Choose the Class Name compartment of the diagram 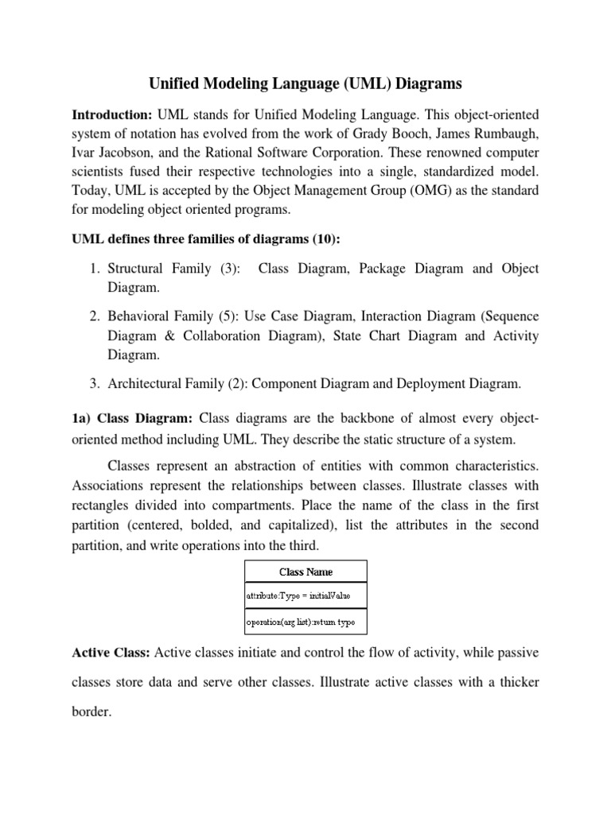tap(305, 572)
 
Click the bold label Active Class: tap(111, 653)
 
